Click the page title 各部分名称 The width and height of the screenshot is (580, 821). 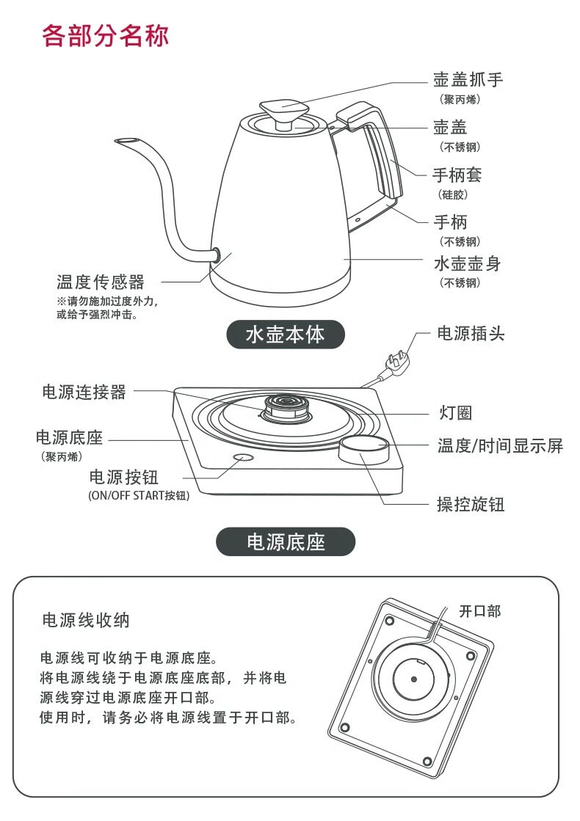point(106,34)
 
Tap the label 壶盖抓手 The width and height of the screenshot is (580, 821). point(468,80)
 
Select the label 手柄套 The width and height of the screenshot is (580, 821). point(457,175)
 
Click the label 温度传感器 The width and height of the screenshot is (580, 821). point(101,282)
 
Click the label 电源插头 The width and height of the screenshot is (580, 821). point(471,334)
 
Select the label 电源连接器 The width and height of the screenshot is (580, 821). point(84,393)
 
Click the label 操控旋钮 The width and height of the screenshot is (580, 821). point(471,505)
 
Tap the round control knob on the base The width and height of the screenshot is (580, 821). point(363,448)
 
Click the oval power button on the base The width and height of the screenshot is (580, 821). point(243,458)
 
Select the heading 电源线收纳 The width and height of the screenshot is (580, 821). point(86,620)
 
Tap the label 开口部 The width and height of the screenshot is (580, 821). point(479,610)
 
